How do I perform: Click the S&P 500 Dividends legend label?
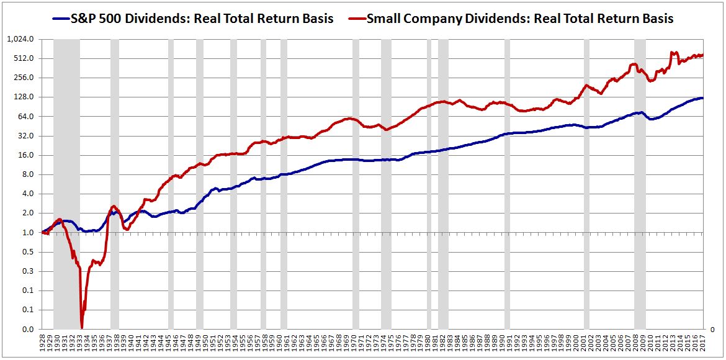tap(202, 18)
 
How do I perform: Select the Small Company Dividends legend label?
tap(519, 18)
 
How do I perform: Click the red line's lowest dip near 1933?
tap(82, 327)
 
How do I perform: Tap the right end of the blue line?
tap(702, 98)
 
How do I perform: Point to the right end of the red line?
tap(702, 55)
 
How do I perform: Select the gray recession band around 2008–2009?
tap(640, 186)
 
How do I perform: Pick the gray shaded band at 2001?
tap(586, 186)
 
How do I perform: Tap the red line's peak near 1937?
tap(113, 207)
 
